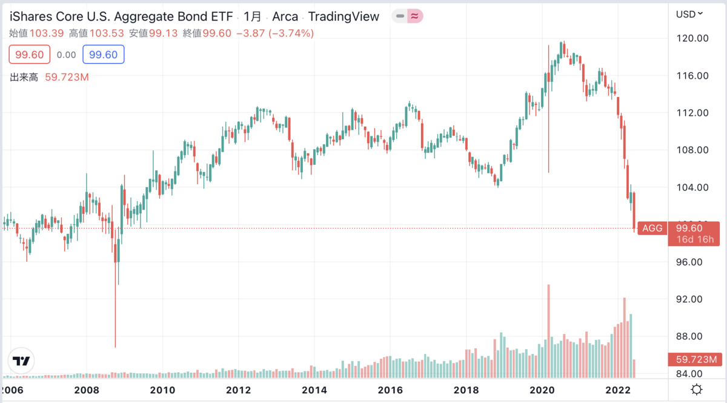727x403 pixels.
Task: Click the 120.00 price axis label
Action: pos(693,38)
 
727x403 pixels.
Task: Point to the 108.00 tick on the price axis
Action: pos(693,150)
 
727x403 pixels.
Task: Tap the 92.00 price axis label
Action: pos(693,299)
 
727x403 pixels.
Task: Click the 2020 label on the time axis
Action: pos(542,389)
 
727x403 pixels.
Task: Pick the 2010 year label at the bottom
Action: pos(162,389)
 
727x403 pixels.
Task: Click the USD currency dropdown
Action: pos(689,13)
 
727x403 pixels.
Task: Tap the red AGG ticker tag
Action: pos(652,228)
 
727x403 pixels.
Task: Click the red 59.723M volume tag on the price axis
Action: pos(696,359)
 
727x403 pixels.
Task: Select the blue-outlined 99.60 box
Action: pos(103,55)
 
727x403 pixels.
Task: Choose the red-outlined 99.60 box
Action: pos(30,55)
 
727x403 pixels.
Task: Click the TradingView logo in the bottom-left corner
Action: pos(21,361)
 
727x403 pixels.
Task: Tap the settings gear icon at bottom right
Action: pos(697,389)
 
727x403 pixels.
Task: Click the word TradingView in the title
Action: pos(344,16)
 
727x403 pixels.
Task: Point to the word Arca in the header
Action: pos(285,16)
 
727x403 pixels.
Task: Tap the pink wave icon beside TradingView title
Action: pos(415,16)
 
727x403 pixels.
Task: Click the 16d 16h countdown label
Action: pos(696,240)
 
